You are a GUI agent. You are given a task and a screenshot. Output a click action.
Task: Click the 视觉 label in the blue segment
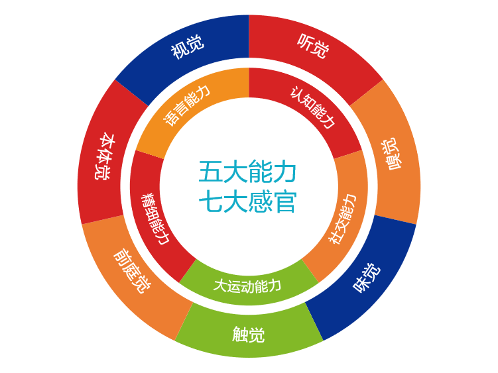pos(187,47)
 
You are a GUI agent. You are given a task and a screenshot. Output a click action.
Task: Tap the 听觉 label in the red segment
pos(313,46)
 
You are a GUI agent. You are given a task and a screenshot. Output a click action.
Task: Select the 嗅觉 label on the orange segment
pos(391,154)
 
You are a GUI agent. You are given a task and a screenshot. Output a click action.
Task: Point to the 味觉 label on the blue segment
pos(367,278)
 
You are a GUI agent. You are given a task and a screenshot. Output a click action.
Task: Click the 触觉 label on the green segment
pos(249,334)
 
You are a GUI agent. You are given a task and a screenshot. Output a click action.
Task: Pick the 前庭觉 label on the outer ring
pos(132,271)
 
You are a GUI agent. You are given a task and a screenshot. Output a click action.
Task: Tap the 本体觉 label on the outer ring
pos(105,156)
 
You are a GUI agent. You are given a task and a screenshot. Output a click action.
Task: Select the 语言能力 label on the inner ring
pos(187,105)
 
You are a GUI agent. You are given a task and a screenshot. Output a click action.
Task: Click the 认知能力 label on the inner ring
pos(312,107)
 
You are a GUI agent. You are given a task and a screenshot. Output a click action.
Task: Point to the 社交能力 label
pos(342,219)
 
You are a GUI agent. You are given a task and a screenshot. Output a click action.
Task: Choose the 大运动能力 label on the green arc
pos(247,286)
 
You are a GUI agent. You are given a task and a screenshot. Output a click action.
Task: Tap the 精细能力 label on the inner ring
pos(155,219)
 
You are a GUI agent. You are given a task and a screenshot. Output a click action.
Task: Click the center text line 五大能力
pos(247,172)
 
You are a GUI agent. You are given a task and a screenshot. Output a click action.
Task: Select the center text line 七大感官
pos(247,201)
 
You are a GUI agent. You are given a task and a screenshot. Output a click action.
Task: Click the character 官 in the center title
pos(285,201)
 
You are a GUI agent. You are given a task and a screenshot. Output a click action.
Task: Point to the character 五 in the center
pos(210,172)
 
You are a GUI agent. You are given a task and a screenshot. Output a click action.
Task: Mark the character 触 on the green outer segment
pos(240,334)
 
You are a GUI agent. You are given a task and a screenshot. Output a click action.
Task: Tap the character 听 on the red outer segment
pos(305,42)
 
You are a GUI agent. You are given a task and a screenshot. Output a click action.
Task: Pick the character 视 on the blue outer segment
pos(179,51)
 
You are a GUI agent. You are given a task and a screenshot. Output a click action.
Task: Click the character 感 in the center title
pos(260,201)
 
